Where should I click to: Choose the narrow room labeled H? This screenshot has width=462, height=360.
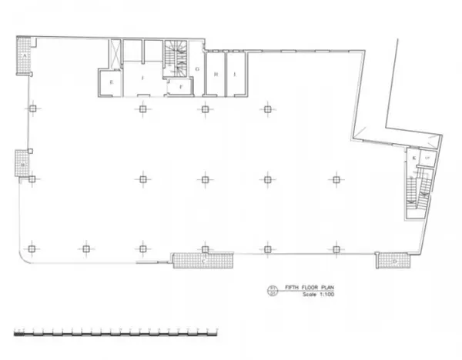[216, 74]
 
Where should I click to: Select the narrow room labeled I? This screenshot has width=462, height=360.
[235, 74]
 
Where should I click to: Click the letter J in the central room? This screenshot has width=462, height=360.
[142, 78]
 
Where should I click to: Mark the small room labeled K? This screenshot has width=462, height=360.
[415, 158]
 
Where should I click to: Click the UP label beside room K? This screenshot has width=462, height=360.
[429, 158]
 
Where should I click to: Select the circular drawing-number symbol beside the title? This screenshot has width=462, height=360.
[271, 291]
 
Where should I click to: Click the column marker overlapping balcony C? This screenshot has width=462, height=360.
[205, 249]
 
